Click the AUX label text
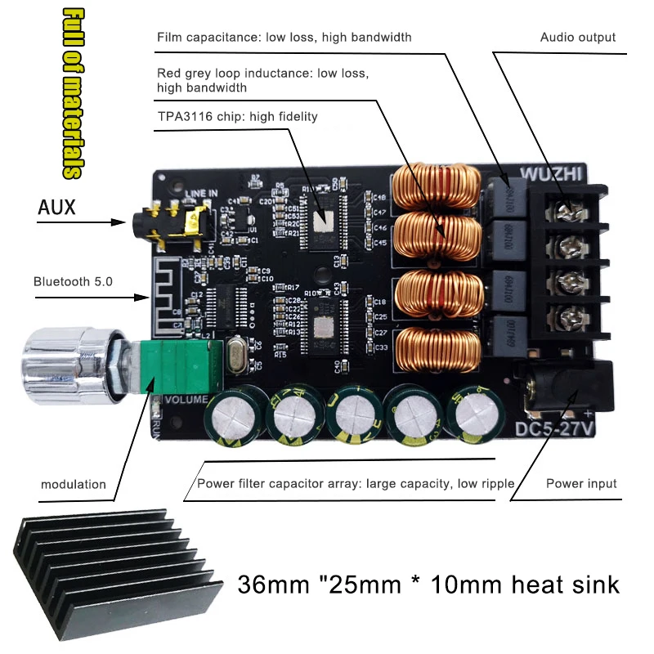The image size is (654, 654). pos(56,208)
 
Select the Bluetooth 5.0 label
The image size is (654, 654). pos(73,281)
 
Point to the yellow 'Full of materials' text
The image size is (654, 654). pos(74,94)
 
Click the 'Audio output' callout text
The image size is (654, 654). pos(578,38)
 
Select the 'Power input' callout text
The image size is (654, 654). pos(581,484)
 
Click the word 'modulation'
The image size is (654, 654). pos(74,484)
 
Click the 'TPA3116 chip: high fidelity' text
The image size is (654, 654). pos(237,117)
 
